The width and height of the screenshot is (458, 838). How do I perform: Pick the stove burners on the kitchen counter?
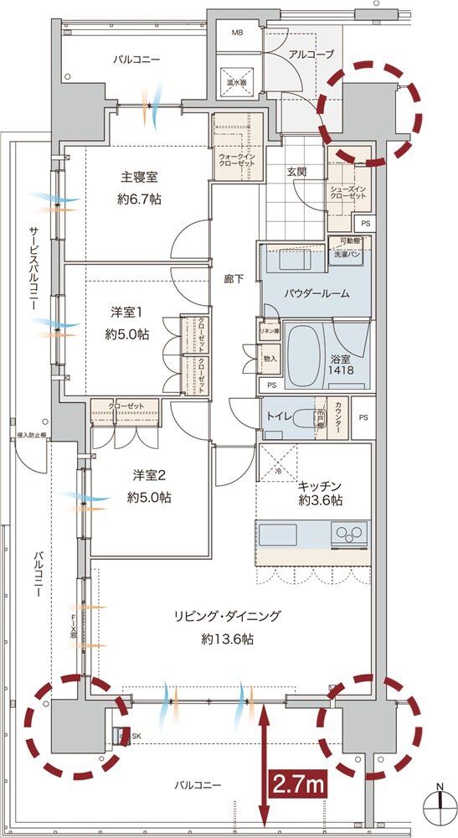(x=350, y=533)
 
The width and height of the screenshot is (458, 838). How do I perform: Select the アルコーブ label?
(x=311, y=54)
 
